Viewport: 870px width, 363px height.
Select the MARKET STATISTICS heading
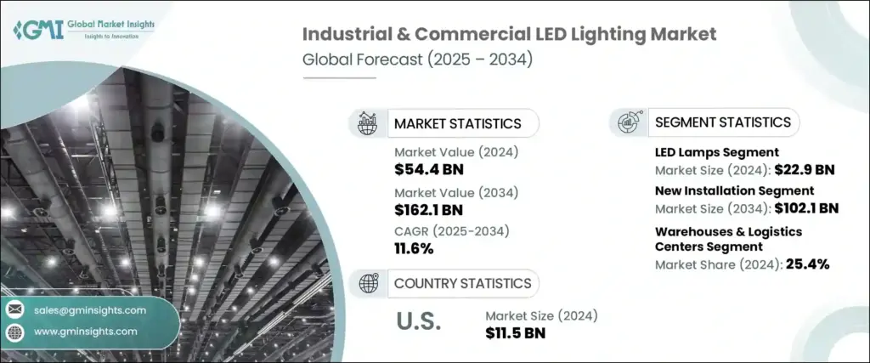click(457, 123)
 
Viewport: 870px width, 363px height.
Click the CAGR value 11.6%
click(414, 249)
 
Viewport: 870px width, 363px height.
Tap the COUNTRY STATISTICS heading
click(462, 283)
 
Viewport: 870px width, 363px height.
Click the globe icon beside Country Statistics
click(369, 284)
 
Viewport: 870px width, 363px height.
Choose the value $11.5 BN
click(515, 332)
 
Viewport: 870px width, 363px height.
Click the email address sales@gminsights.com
click(90, 309)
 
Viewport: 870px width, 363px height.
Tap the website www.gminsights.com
click(86, 331)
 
